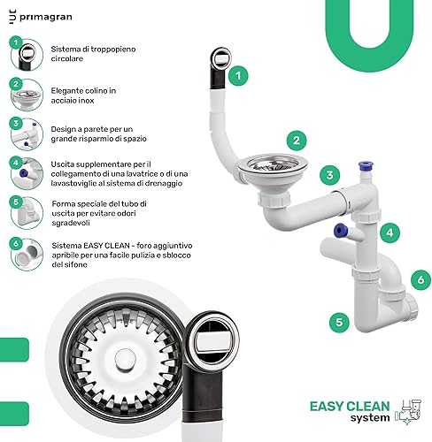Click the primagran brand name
point(46,17)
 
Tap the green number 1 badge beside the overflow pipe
point(238,76)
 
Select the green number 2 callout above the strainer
point(297,141)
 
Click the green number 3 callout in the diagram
point(329,175)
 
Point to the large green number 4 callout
point(390,232)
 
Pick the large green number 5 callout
point(339,323)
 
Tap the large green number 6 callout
point(420,279)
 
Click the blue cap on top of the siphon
point(366,164)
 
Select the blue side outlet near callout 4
point(340,230)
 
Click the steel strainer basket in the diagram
point(273,164)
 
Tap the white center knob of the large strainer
point(125,360)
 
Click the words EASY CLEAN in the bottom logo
point(350,407)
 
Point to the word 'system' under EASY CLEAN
point(370,418)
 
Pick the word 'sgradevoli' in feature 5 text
point(71,223)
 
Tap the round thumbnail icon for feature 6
point(27,255)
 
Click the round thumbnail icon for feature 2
point(27,95)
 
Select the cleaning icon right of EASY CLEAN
point(408,412)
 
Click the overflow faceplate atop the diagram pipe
point(221,58)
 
